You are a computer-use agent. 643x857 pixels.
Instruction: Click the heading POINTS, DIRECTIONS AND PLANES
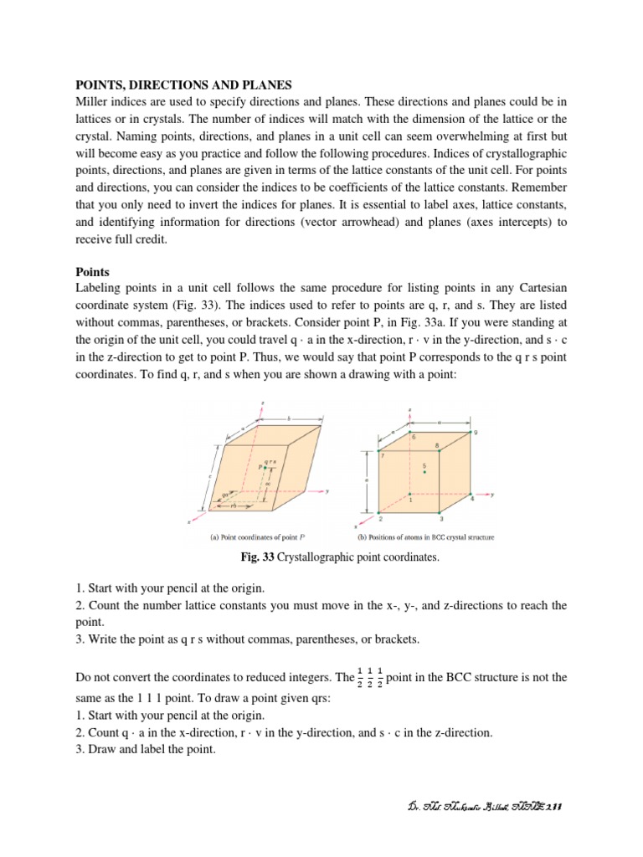(185, 85)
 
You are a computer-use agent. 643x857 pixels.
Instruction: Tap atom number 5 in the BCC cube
(425, 473)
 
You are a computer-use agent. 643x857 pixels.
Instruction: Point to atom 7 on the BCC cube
(379, 452)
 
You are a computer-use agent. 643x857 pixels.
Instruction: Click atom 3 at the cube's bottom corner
(440, 511)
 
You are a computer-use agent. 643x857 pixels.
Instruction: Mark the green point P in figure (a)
(266, 467)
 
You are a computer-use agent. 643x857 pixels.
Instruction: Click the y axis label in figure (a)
(328, 490)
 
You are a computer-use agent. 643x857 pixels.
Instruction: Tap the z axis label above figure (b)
(410, 410)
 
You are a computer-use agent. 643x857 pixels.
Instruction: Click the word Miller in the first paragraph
(95, 101)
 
